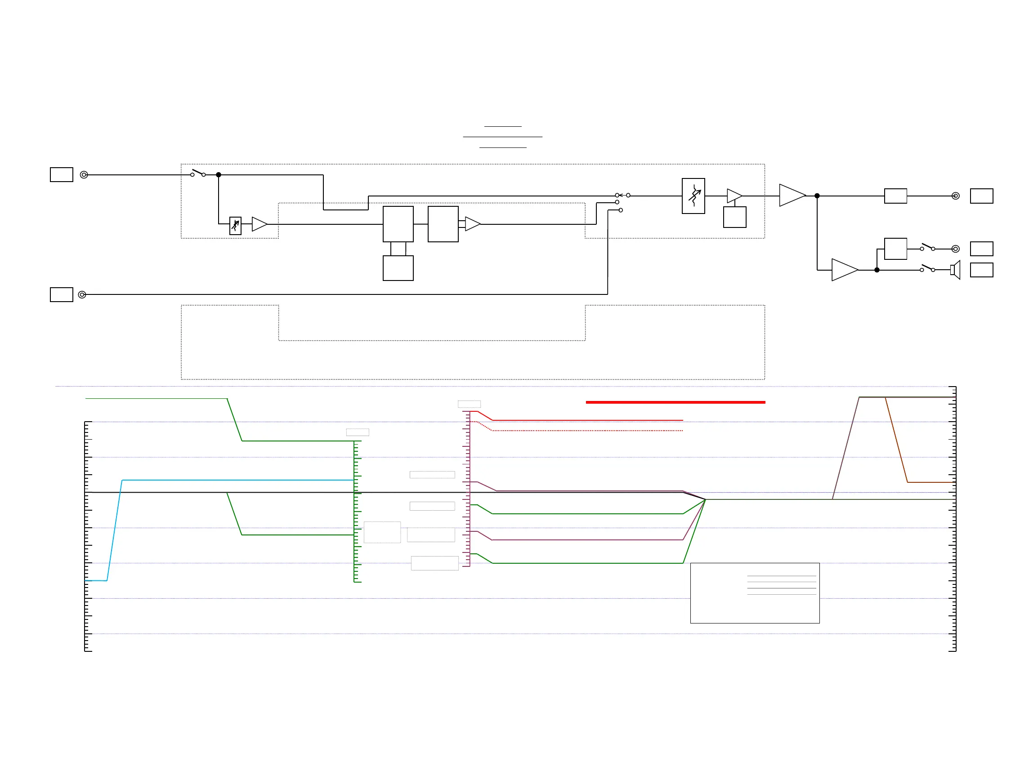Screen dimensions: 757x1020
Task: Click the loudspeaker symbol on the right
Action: [956, 270]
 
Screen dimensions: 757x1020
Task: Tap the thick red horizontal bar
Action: [675, 402]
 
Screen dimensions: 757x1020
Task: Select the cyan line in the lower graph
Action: [229, 480]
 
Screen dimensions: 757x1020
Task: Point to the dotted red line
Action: [587, 431]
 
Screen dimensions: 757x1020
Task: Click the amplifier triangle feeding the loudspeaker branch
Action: [844, 270]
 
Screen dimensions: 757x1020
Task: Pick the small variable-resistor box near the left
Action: [235, 226]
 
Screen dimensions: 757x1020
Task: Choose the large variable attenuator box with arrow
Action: [693, 196]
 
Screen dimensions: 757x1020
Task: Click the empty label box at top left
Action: [62, 174]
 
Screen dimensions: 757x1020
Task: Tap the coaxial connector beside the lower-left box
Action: [82, 294]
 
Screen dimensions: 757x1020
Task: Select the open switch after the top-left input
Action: [198, 173]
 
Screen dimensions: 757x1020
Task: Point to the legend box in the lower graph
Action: [755, 593]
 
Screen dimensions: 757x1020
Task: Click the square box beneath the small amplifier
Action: [734, 217]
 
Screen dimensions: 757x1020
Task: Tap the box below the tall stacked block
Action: [398, 268]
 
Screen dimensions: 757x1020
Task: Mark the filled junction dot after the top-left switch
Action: [219, 174]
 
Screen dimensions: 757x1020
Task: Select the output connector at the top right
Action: [955, 196]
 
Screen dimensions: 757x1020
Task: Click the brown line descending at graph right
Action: [896, 440]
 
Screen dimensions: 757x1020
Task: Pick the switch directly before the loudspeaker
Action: [927, 268]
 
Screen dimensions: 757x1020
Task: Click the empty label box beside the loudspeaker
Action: [981, 270]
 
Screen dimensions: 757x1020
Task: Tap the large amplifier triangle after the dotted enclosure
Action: [792, 196]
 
